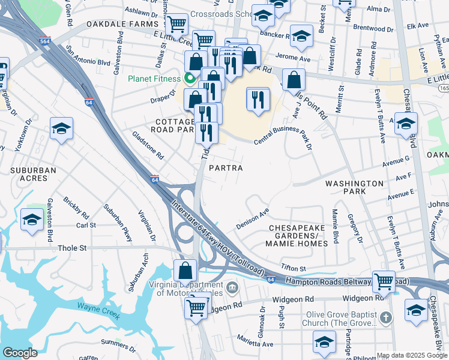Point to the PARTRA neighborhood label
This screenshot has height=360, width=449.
click(226, 168)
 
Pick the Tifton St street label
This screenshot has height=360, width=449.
click(294, 268)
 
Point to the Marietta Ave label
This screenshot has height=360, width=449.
click(255, 344)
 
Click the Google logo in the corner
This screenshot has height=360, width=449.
click(20, 353)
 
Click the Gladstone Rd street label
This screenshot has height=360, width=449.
click(148, 145)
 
